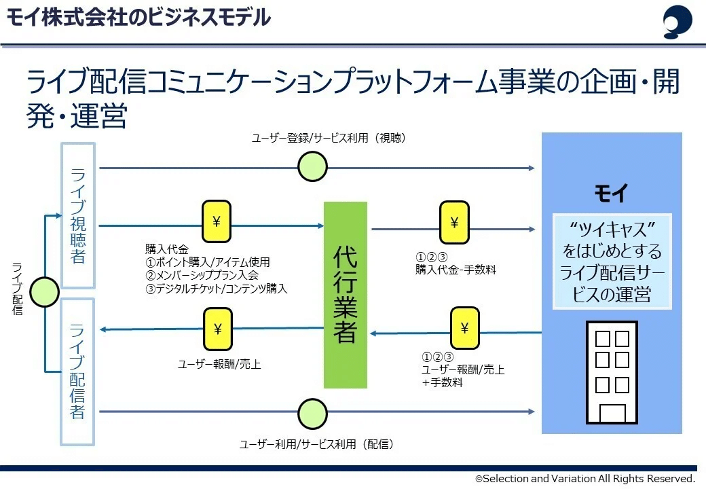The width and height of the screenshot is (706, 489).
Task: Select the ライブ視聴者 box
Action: click(x=78, y=215)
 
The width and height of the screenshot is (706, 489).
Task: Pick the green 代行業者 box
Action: click(x=345, y=295)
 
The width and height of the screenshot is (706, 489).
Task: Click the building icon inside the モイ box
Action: click(x=612, y=372)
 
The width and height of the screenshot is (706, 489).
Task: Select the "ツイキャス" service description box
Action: click(x=611, y=261)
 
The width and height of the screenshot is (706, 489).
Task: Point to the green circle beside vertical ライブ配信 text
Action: click(x=44, y=292)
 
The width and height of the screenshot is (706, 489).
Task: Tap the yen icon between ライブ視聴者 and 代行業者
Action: click(x=217, y=222)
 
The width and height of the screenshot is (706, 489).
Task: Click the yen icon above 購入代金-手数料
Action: click(x=454, y=222)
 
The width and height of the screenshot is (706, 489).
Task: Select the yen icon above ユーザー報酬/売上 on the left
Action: click(x=217, y=329)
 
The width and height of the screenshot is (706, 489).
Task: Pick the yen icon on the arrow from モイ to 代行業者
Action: click(x=464, y=329)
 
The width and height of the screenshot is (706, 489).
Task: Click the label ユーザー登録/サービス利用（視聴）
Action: click(x=328, y=139)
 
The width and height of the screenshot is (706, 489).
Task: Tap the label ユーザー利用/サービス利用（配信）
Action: click(x=316, y=444)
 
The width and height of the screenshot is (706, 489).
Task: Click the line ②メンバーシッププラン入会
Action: click(x=202, y=275)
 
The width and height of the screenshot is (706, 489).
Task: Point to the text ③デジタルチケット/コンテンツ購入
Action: click(x=216, y=289)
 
